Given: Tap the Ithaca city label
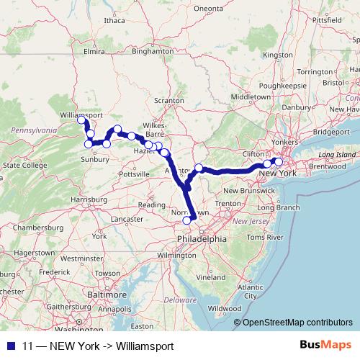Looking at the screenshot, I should tap(114, 20).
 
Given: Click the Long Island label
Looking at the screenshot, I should tap(336, 155).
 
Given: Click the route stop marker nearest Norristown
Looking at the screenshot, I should tap(187, 210).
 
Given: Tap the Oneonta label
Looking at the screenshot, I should tap(208, 8).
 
